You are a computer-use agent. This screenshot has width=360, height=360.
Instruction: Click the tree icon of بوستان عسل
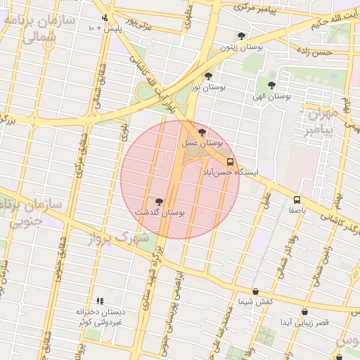coord(203,131)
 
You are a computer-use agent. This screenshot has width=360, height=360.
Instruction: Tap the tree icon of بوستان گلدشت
coord(159,201)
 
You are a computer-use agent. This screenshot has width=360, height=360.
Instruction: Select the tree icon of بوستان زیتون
coord(242,35)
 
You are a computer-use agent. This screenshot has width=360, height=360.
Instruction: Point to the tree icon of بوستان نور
coord(207,76)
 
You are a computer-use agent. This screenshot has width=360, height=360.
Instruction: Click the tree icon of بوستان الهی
coord(271,85)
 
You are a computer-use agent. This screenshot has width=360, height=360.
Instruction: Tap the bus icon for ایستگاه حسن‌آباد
coord(231,161)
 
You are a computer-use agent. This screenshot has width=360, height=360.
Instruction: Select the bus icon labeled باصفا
coord(297,200)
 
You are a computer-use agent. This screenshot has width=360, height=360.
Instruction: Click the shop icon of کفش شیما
coord(255,291)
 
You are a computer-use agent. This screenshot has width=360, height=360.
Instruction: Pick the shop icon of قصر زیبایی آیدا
coord(304,311)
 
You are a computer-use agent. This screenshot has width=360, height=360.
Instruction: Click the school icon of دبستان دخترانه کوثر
coord(99,300)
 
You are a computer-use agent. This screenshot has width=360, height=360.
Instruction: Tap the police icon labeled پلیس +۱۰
coord(105,18)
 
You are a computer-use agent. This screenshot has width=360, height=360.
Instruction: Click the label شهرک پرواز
coord(119,239)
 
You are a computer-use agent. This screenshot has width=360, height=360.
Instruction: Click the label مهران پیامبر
coord(321,122)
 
